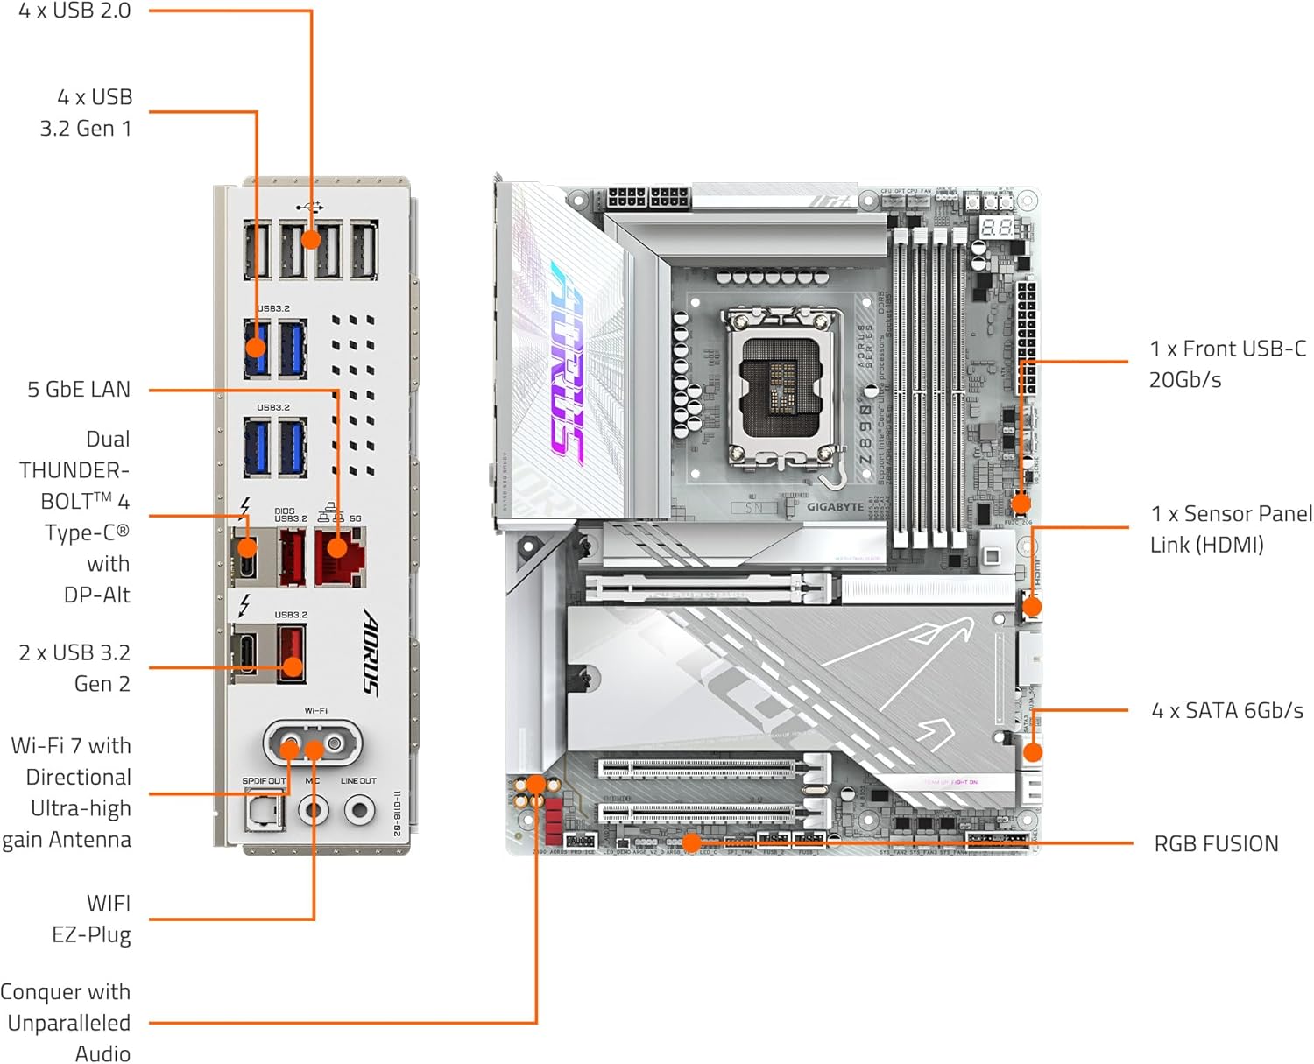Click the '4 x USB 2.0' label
click(x=74, y=11)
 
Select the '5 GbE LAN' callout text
click(x=79, y=390)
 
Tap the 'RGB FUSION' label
click(x=1216, y=844)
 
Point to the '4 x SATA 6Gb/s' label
click(x=1227, y=711)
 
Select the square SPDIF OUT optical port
click(x=264, y=811)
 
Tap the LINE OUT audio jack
click(x=359, y=810)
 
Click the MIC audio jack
click(x=313, y=810)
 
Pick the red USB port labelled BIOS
click(x=292, y=557)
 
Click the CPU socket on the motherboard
click(x=782, y=385)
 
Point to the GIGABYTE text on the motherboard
click(x=835, y=507)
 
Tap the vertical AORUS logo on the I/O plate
click(x=371, y=652)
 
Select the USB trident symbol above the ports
click(x=310, y=208)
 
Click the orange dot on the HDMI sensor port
click(x=1032, y=606)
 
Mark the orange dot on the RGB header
click(x=691, y=843)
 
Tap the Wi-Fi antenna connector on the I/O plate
click(x=313, y=745)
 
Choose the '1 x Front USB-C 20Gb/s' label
click(x=1227, y=364)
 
